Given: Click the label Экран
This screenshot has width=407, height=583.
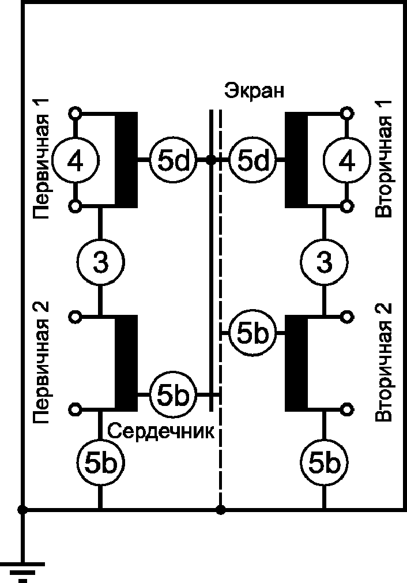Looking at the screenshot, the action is point(254,91).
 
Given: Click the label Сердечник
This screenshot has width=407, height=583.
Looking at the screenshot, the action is point(161,431).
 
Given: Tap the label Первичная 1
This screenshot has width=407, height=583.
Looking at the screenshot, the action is point(41,159).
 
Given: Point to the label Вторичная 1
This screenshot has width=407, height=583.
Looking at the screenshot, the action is point(383,159).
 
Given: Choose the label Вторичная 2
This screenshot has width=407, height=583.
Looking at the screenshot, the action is point(383,362).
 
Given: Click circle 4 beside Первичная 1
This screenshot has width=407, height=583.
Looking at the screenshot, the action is point(76,160).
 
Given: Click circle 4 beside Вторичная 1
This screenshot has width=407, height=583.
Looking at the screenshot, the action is point(347,160).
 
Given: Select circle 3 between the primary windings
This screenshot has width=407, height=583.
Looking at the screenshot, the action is point(100,262).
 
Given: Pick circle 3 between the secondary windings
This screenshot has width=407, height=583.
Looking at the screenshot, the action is point(325,262).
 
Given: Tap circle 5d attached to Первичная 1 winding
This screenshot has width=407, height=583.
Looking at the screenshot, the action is point(173,160).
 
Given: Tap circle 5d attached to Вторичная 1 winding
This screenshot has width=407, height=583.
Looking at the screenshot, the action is point(253,160).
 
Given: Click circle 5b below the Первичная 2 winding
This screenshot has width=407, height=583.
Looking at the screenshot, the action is point(100,462).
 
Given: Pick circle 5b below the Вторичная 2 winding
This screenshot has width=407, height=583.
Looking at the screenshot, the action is point(325,462).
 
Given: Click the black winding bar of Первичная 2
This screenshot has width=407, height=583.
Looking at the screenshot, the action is point(126,363).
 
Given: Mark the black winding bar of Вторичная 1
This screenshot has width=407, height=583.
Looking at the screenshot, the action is point(296,160).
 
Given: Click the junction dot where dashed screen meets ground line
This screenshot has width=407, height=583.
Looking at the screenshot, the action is point(221,509).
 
